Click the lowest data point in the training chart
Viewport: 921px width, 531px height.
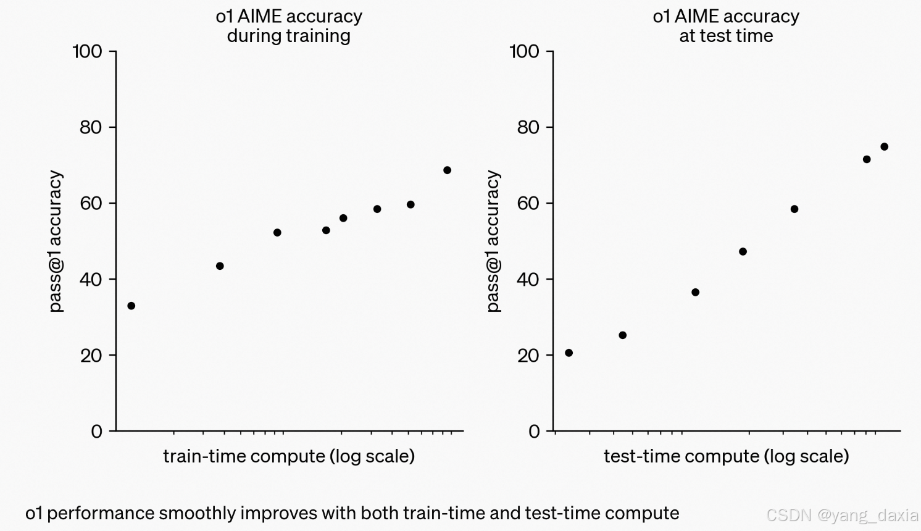(131, 306)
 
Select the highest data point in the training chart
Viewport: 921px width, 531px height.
(447, 170)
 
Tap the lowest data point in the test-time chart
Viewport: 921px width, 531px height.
(569, 353)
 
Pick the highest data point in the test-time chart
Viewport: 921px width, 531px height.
(884, 147)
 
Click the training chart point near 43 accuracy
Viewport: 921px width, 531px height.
(220, 266)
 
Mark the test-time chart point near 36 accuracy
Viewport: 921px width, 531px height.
(695, 292)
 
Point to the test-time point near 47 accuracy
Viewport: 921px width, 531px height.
(743, 251)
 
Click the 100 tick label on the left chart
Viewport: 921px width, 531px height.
(87, 51)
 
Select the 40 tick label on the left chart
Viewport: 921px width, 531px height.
(90, 279)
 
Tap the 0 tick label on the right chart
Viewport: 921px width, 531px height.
(534, 431)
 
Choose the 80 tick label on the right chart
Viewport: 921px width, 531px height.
(528, 127)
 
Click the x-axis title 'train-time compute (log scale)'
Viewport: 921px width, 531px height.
(289, 456)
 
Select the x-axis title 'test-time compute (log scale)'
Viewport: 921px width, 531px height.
(726, 456)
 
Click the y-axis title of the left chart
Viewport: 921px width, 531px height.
(56, 241)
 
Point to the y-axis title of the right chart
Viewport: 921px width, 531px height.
(493, 241)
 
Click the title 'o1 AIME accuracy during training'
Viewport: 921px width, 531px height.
(289, 26)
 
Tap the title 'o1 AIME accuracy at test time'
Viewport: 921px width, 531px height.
(726, 26)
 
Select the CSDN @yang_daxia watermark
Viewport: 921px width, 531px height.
(842, 514)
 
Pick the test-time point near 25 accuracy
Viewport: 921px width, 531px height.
(622, 335)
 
